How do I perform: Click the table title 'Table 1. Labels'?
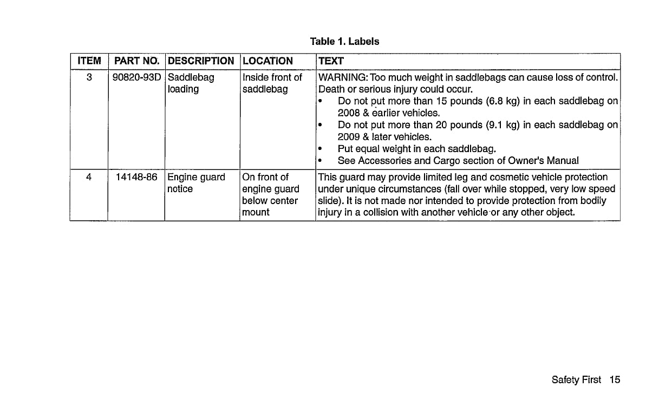point(344,42)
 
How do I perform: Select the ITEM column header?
point(89,61)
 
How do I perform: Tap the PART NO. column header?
point(136,61)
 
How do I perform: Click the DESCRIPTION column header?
point(201,61)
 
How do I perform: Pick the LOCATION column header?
point(268,61)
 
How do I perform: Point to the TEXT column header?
point(331,61)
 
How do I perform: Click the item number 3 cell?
point(89,77)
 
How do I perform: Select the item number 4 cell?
point(89,178)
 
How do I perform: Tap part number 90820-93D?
point(136,77)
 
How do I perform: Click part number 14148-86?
point(136,178)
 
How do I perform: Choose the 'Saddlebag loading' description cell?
point(191,83)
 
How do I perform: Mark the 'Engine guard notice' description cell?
point(195,183)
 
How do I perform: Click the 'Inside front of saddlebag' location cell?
point(272,83)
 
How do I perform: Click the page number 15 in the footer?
point(614,380)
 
